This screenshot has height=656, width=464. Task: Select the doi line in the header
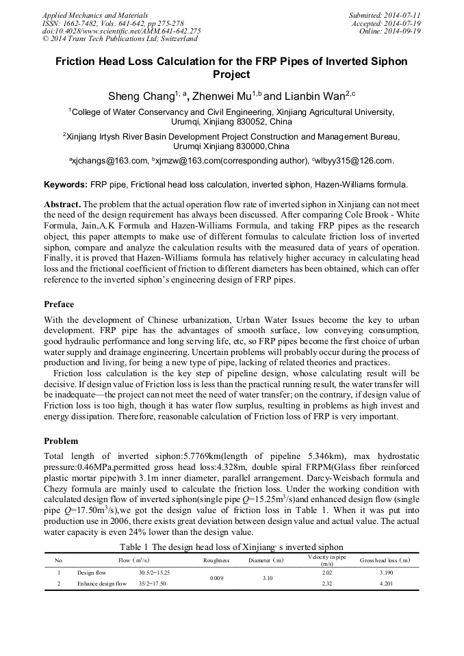(121, 31)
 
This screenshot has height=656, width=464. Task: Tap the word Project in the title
(231, 74)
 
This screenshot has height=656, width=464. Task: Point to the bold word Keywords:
(65, 185)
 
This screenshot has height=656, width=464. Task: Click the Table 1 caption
(231, 547)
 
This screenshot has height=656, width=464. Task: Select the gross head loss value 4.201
(385, 583)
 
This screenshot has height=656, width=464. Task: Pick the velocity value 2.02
(326, 572)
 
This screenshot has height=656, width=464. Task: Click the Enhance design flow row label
(102, 583)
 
